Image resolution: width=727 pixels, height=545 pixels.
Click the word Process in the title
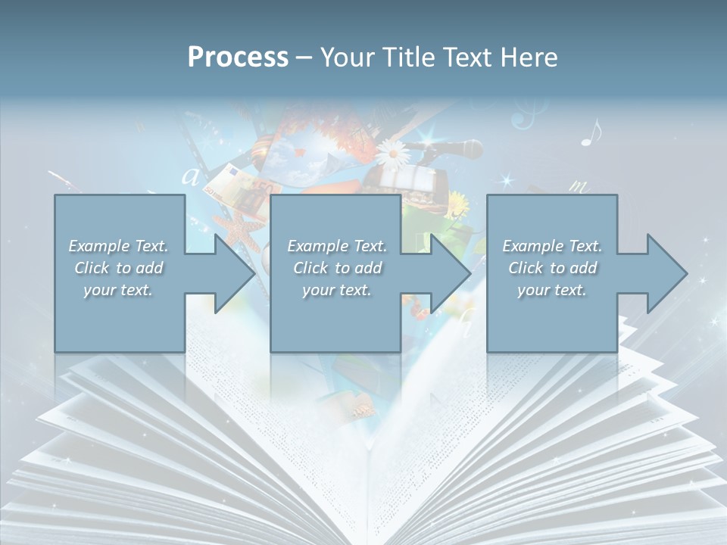238,57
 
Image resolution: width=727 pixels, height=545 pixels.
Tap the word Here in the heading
529,57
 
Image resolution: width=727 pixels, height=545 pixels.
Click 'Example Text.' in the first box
118,246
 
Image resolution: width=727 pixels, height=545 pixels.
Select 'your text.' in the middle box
336,290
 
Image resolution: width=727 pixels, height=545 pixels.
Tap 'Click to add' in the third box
552,268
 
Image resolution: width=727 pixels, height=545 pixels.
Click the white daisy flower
393,155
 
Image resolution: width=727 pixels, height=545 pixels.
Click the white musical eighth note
591,132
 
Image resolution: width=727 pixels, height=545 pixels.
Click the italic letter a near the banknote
191,177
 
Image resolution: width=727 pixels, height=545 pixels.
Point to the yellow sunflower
457,203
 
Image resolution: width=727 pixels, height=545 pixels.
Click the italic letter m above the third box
579,186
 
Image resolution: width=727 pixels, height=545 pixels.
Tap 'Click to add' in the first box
118,268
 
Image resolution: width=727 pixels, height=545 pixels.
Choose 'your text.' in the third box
552,290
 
